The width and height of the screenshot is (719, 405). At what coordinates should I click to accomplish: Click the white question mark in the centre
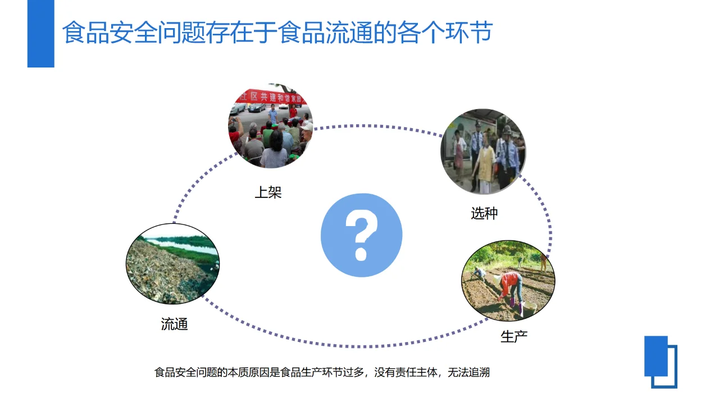[361, 235]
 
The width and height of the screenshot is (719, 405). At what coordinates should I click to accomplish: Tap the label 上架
[268, 192]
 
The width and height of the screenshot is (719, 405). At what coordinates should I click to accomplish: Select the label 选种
[484, 213]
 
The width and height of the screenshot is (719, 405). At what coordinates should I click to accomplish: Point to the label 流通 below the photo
[174, 324]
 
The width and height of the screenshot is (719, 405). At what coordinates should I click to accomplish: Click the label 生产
[514, 336]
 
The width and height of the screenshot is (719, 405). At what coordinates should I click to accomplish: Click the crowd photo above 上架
[270, 126]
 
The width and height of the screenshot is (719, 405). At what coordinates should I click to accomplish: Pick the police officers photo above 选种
[483, 152]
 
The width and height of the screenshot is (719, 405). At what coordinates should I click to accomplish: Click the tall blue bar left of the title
[40, 34]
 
